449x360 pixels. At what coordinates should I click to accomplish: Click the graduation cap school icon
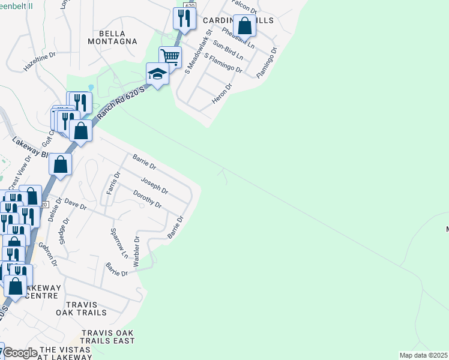(157, 74)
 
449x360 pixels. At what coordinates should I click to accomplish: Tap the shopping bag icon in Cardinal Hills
(244, 26)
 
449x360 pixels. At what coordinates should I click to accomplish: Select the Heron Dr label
(221, 94)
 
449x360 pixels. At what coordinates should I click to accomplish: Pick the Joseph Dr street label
(154, 185)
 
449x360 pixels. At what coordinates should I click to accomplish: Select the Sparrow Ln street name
(119, 242)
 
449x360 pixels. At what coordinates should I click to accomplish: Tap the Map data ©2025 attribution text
(423, 355)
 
